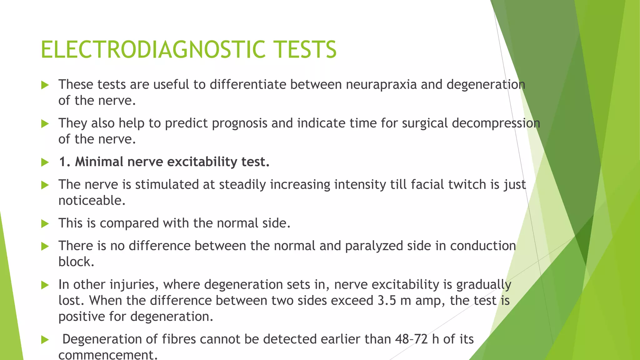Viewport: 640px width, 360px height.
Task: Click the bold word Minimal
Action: pos(99,162)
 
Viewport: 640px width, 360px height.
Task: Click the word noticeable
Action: pos(92,201)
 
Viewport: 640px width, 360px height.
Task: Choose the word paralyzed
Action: pos(374,246)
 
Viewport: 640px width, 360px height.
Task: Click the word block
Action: pos(76,262)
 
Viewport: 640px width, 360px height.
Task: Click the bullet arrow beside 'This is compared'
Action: pos(45,224)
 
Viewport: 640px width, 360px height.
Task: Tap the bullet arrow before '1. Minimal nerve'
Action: pos(45,162)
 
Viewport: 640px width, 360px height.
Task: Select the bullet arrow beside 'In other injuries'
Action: pos(45,285)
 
